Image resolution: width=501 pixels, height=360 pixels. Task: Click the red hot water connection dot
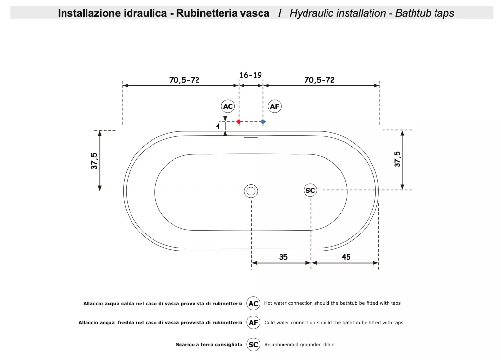(x=239, y=122)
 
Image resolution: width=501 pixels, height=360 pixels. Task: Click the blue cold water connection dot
(x=263, y=122)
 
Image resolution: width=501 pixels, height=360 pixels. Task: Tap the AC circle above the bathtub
(x=228, y=106)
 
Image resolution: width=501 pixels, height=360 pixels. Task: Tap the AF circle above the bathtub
(x=275, y=106)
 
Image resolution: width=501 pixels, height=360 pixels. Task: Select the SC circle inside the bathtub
(x=310, y=191)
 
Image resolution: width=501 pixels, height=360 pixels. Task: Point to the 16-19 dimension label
(x=251, y=75)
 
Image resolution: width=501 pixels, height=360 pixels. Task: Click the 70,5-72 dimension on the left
(x=184, y=80)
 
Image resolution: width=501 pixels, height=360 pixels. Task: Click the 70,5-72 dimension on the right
(x=320, y=80)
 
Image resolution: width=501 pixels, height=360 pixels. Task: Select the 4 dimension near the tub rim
(x=218, y=126)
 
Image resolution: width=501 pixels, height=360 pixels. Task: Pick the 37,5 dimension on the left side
(x=94, y=161)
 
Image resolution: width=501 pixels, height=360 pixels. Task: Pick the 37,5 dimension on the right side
(x=397, y=159)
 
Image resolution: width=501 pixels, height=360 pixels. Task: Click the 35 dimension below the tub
(x=283, y=257)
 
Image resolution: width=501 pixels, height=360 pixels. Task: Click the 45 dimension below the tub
(x=346, y=257)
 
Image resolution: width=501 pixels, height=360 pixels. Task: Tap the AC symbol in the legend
(x=253, y=303)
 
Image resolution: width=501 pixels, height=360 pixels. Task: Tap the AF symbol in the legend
(x=253, y=322)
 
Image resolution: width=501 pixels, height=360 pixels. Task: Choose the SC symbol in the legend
(x=253, y=345)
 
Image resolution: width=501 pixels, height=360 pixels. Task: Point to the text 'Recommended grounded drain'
(x=300, y=345)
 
